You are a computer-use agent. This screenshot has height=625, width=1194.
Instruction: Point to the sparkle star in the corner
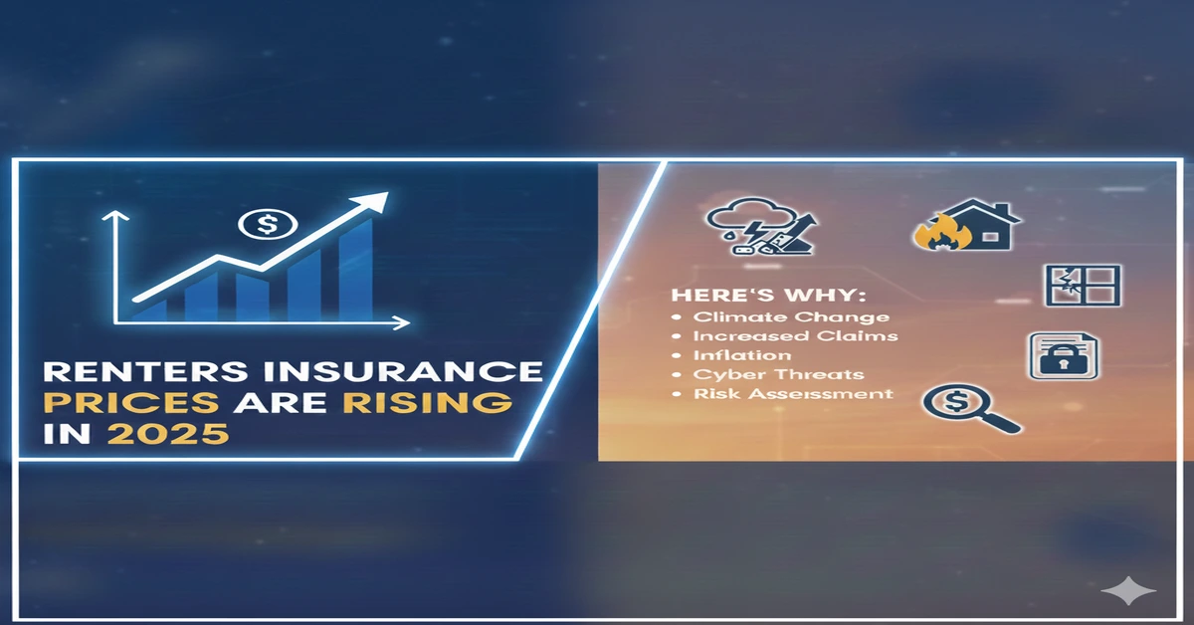pyautogui.click(x=1128, y=592)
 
